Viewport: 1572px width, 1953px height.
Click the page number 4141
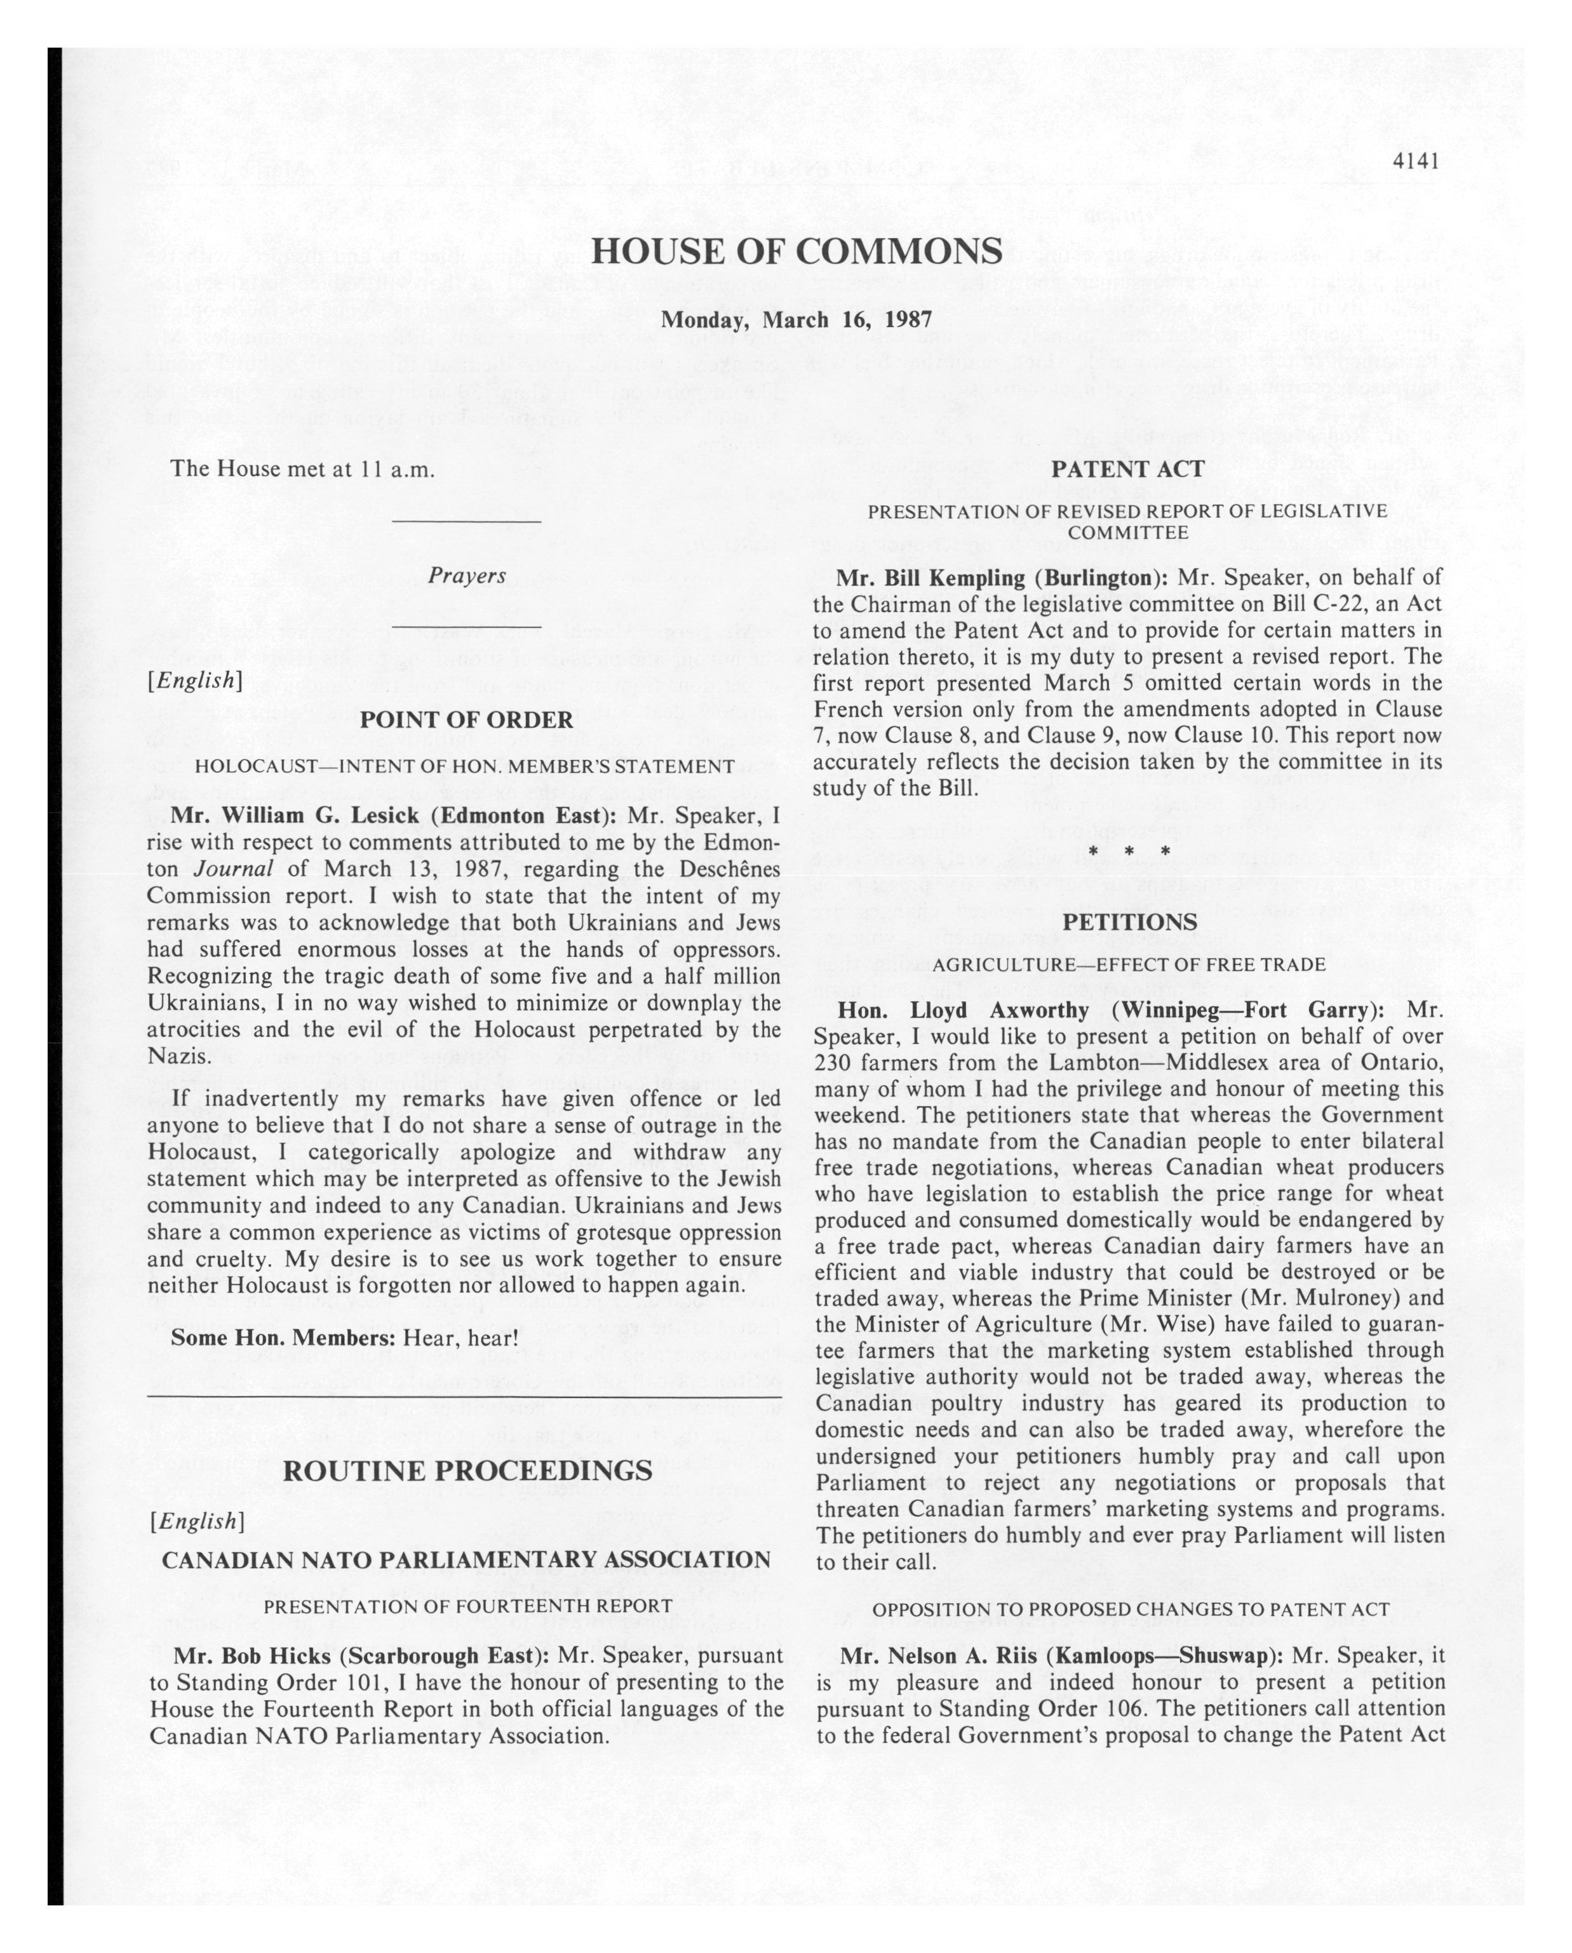click(1416, 161)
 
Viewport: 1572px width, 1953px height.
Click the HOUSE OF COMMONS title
click(796, 251)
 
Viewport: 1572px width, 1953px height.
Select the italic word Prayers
click(467, 576)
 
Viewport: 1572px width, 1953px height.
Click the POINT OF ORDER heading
click(466, 720)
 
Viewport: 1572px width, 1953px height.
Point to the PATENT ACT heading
click(1127, 469)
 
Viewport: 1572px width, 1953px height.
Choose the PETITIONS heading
click(1129, 922)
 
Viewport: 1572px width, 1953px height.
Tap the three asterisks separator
click(1128, 851)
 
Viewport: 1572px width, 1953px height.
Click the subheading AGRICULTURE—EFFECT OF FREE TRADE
click(1128, 964)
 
